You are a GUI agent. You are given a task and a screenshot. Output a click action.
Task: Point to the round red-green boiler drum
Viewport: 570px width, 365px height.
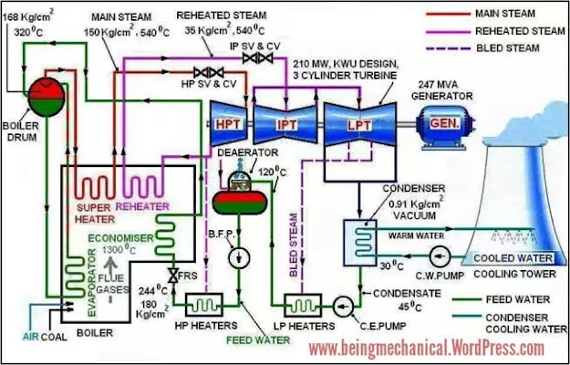tap(39, 92)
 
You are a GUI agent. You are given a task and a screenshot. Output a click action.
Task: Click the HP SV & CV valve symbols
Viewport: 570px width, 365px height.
tap(209, 72)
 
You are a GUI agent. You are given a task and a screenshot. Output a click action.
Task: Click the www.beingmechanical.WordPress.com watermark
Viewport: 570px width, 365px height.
tap(426, 348)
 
